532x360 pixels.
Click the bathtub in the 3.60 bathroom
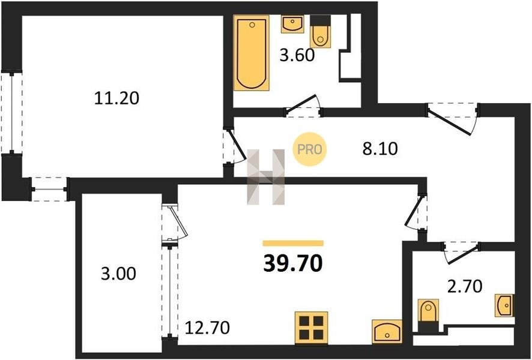(x=252, y=53)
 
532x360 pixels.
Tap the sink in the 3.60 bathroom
(x=292, y=24)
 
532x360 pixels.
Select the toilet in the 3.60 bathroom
(x=320, y=32)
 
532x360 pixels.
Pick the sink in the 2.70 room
(x=505, y=305)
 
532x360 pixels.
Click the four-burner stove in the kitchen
(x=311, y=328)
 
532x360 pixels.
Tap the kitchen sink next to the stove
(x=387, y=331)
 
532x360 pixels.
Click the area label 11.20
(x=116, y=98)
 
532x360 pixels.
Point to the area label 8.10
(x=379, y=148)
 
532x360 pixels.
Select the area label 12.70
(x=207, y=328)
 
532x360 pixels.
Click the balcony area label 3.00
(x=118, y=274)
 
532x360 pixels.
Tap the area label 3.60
(x=297, y=55)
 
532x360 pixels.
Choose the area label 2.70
(x=465, y=286)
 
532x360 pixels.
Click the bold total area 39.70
(x=293, y=263)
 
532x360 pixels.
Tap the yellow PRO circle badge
(x=309, y=149)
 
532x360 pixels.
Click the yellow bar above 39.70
(x=293, y=243)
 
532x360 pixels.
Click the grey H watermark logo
(x=265, y=177)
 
